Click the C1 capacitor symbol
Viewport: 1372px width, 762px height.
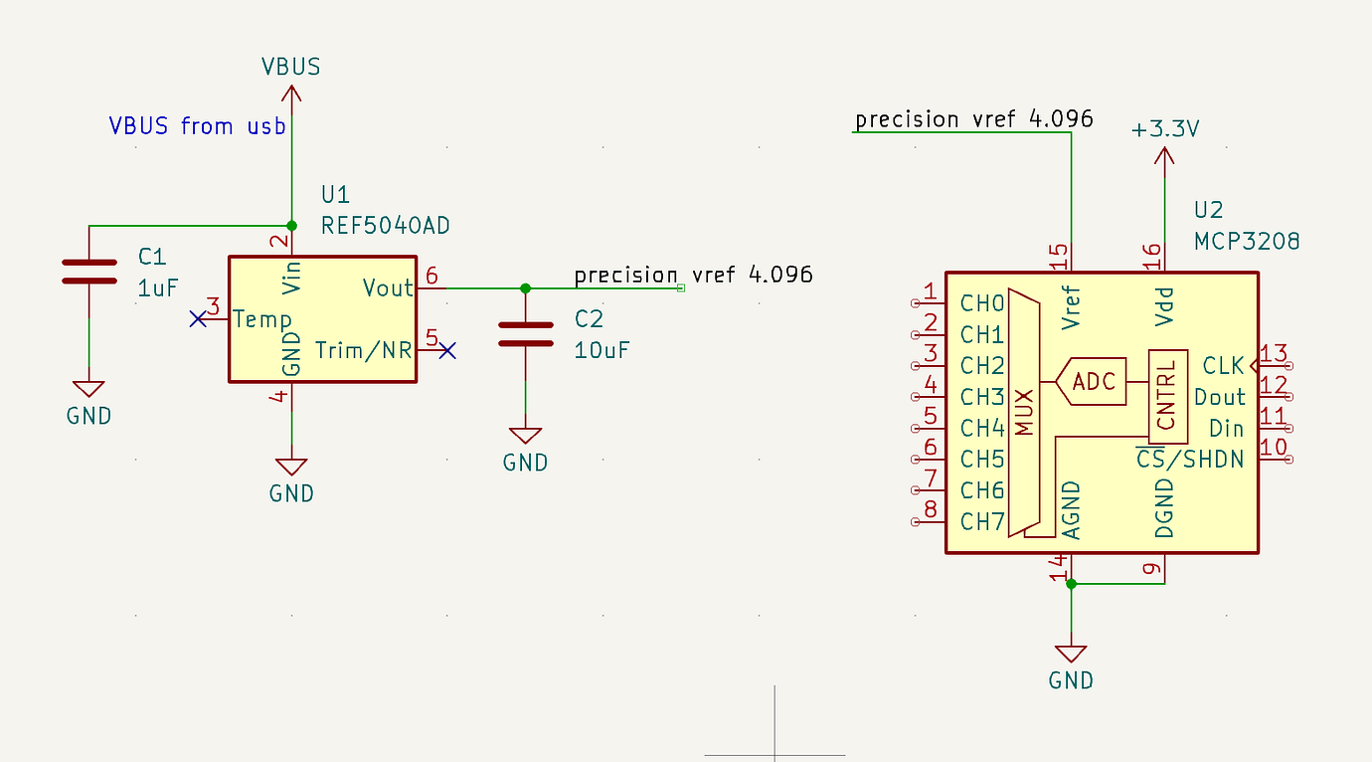click(x=88, y=272)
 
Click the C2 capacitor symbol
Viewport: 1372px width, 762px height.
click(x=525, y=334)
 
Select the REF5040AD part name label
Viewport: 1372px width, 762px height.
click(x=385, y=226)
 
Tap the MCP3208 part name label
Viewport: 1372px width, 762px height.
click(x=1247, y=242)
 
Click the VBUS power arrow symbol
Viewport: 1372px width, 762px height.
click(x=291, y=94)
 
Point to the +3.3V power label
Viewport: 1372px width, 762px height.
click(x=1165, y=129)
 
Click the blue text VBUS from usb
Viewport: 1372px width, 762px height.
click(x=197, y=126)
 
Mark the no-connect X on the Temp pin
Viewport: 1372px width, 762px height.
click(x=199, y=319)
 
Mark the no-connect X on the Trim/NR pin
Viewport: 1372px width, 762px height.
click(x=447, y=350)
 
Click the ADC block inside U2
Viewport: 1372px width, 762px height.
click(x=1093, y=381)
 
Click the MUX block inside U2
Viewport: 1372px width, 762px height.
click(x=1024, y=413)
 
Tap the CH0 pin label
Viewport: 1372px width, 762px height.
click(x=982, y=302)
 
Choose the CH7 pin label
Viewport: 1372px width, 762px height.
click(x=982, y=521)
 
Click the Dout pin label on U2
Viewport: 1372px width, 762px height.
click(x=1220, y=397)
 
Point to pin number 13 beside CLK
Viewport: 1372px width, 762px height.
click(x=1274, y=353)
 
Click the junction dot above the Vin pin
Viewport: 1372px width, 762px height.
click(x=291, y=225)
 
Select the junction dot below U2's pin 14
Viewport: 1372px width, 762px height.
click(x=1071, y=584)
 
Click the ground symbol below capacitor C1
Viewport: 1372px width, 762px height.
click(x=88, y=390)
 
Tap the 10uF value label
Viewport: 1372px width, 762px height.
click(x=602, y=350)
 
